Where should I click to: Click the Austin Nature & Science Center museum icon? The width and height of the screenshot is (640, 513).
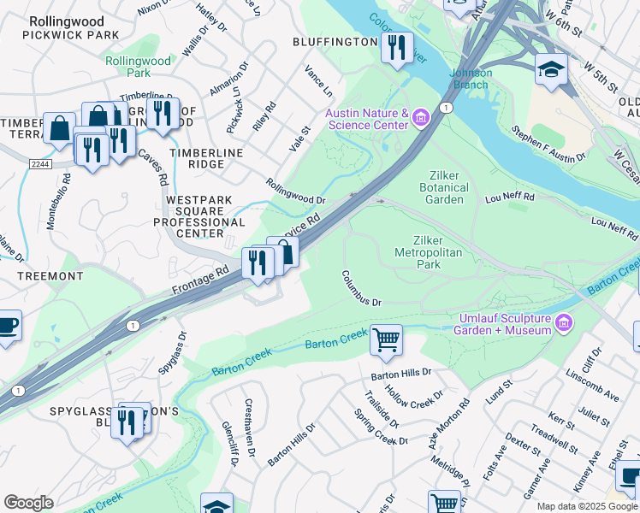pos(420,117)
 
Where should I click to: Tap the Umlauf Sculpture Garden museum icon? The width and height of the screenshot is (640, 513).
pos(564,322)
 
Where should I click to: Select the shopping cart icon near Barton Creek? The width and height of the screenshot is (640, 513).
pos(386,339)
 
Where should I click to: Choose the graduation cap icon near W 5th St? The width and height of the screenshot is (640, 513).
pos(551,69)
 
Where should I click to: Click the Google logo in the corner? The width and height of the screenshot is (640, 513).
pos(28,503)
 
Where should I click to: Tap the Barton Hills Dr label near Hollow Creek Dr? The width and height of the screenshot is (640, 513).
pos(401,374)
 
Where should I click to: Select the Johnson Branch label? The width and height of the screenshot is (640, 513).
pos(471,79)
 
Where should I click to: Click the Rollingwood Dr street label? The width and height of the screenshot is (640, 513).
pos(295,192)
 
